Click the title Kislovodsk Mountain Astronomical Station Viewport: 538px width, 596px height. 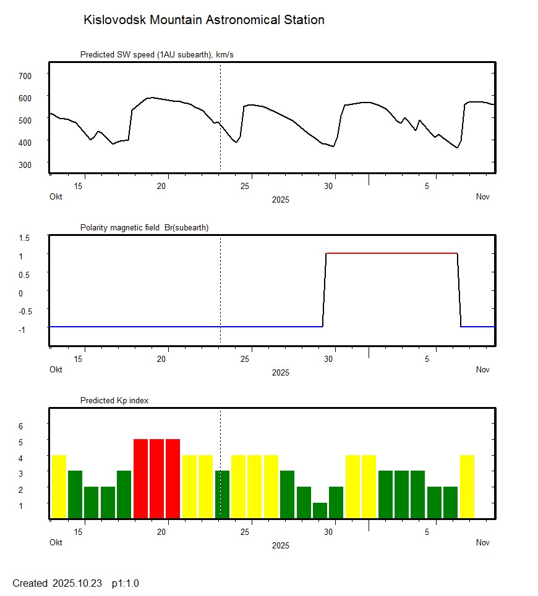203,20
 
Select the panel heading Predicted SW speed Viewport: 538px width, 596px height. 156,55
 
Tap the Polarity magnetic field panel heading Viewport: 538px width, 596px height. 144,227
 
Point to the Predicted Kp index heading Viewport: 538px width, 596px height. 114,400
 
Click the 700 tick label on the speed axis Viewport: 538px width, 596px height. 25,75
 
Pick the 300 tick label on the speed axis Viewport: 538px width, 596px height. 25,164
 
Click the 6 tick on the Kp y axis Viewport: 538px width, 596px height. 20,426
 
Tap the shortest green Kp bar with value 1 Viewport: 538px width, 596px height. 320,511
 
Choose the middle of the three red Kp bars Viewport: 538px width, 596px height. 157,479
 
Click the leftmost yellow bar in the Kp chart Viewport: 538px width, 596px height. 59,487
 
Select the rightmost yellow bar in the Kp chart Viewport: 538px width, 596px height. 467,487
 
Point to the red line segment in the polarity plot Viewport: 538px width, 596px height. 391,253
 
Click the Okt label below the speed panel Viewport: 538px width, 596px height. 56,197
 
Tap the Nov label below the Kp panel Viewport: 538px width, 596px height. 483,543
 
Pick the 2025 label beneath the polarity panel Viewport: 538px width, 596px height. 280,372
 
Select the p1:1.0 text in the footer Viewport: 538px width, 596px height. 126,583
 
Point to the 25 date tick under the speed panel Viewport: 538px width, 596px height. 246,186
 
